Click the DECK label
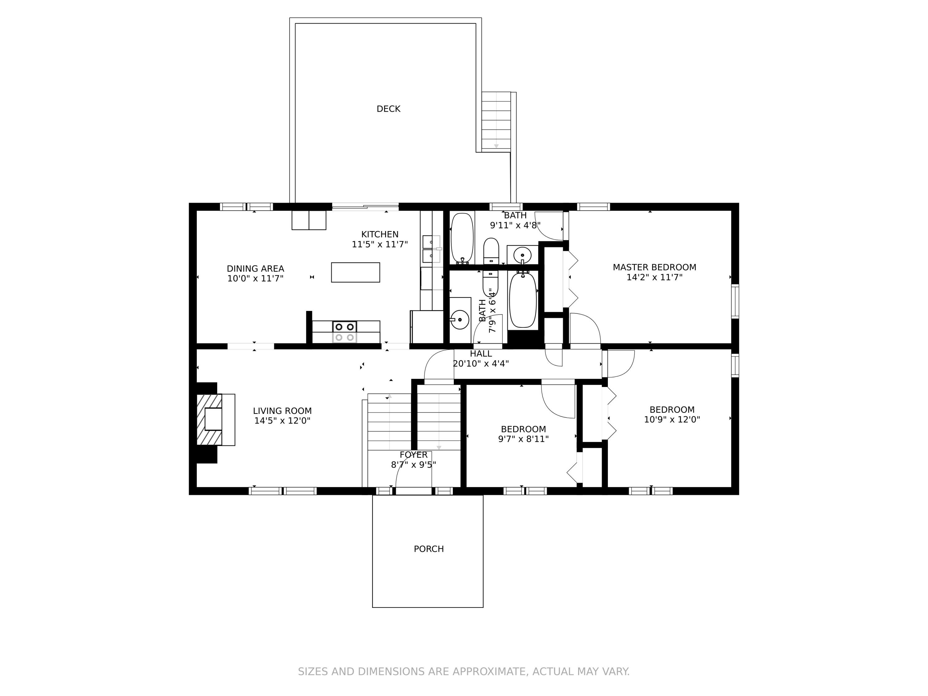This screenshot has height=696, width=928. (x=389, y=109)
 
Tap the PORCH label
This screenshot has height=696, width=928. (x=429, y=549)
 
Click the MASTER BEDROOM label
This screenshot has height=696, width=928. (x=655, y=267)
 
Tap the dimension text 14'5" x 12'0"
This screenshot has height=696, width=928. (x=282, y=421)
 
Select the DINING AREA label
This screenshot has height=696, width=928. (x=256, y=269)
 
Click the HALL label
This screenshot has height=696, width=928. (x=481, y=354)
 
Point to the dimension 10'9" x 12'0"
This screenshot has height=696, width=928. (x=672, y=419)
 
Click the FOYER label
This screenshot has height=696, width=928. (x=414, y=455)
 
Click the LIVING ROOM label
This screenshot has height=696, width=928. (x=282, y=411)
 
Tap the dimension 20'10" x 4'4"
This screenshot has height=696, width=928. (x=481, y=363)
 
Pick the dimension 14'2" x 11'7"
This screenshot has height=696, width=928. (x=655, y=277)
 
